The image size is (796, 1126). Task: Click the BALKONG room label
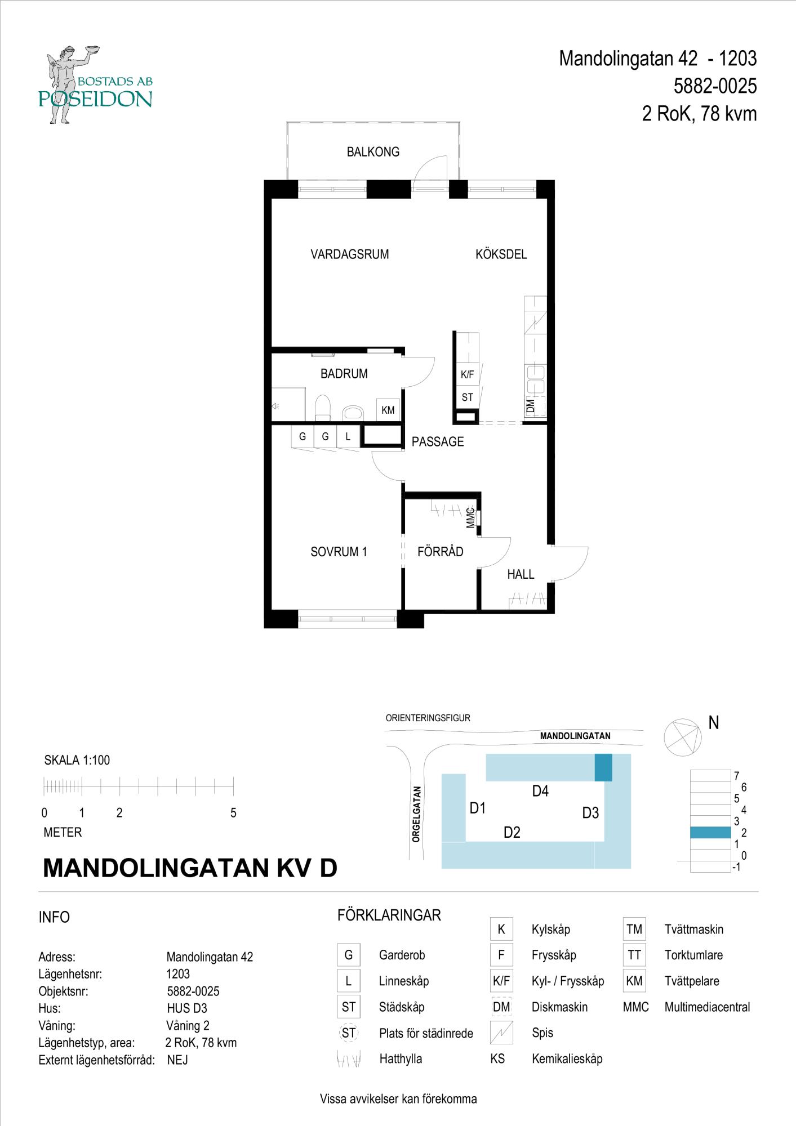tap(373, 152)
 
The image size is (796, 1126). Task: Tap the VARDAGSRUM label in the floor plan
tap(350, 254)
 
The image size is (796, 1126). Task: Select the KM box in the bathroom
tap(388, 410)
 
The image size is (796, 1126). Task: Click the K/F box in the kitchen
tap(468, 374)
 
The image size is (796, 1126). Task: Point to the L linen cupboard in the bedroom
tap(348, 436)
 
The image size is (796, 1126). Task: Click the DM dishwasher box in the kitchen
tap(535, 406)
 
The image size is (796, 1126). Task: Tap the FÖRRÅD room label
tap(441, 552)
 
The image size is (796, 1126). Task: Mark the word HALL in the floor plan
tap(521, 574)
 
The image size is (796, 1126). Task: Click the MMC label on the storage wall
tap(470, 518)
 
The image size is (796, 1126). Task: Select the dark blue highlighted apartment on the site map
tap(603, 767)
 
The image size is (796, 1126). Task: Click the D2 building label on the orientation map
tap(512, 832)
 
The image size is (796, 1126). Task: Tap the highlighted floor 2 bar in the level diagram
tap(710, 832)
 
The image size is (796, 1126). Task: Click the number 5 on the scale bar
tap(233, 813)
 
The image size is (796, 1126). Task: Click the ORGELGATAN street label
tap(416, 814)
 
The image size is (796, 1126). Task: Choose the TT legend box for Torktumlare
tap(634, 955)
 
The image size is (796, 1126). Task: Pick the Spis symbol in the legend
tap(501, 1033)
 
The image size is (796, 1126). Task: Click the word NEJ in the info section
tap(177, 1060)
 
